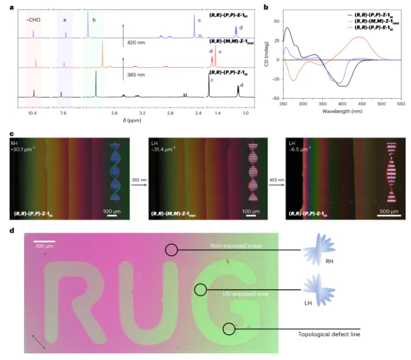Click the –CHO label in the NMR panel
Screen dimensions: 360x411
[x=34, y=19]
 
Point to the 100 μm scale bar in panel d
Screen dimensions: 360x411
[x=45, y=242]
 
